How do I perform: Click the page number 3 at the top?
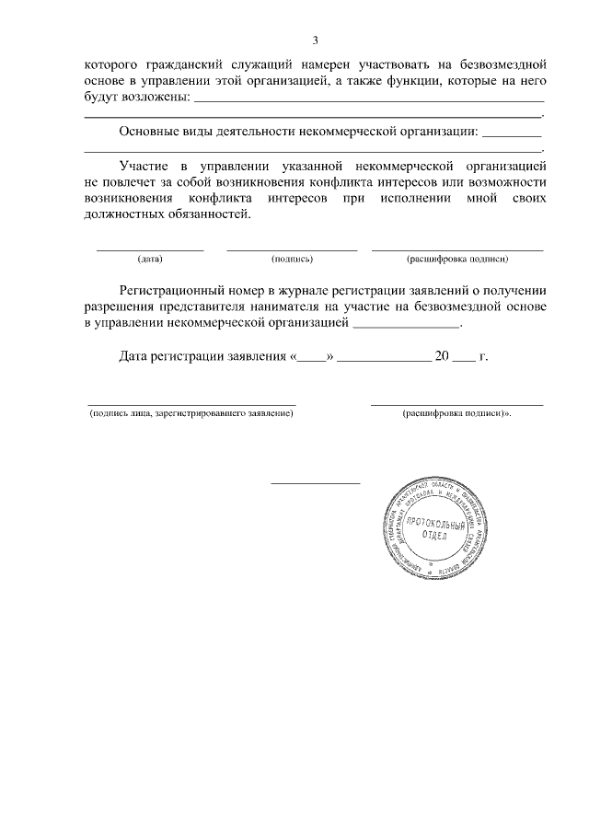(315, 40)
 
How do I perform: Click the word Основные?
(150, 132)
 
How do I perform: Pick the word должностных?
(125, 214)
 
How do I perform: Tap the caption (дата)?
(150, 260)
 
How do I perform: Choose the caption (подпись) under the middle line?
(293, 260)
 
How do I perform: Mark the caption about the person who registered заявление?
(191, 415)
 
